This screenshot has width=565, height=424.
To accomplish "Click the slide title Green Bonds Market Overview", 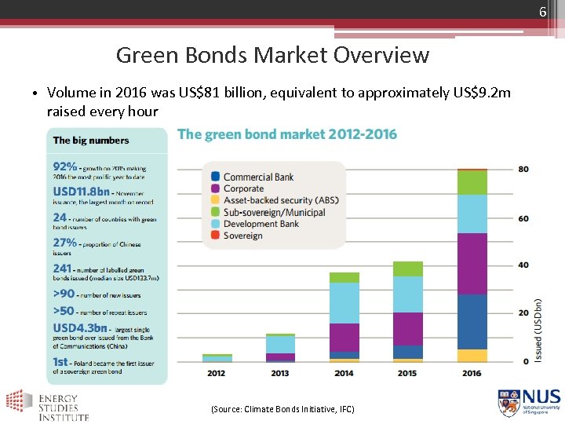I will click(272, 56).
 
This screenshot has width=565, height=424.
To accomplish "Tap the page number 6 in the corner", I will click(541, 12).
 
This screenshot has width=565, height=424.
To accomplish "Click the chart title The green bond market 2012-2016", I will click(287, 134).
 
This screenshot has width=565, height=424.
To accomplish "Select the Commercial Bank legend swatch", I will click(214, 177).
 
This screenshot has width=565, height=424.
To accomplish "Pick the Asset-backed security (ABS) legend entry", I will click(281, 200).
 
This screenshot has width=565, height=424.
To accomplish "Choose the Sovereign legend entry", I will click(242, 236).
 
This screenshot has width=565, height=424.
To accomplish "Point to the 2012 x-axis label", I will click(216, 373).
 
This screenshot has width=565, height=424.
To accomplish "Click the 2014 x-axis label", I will click(344, 373).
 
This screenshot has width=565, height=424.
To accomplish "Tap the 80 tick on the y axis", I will click(523, 170).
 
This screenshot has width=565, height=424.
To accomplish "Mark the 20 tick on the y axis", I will click(523, 313).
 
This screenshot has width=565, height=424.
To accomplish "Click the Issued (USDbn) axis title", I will click(538, 329).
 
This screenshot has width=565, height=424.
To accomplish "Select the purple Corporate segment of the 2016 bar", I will click(472, 263).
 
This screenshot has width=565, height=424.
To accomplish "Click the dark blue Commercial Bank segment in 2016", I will click(472, 321).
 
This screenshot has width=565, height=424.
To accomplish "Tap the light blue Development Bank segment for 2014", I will click(344, 302).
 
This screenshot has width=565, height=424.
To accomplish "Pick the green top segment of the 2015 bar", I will click(407, 269).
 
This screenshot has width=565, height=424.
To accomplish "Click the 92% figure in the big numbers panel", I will click(65, 166).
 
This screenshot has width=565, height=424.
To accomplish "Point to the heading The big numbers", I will click(91, 141).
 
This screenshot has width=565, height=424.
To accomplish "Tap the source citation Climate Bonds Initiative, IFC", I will click(282, 409).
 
